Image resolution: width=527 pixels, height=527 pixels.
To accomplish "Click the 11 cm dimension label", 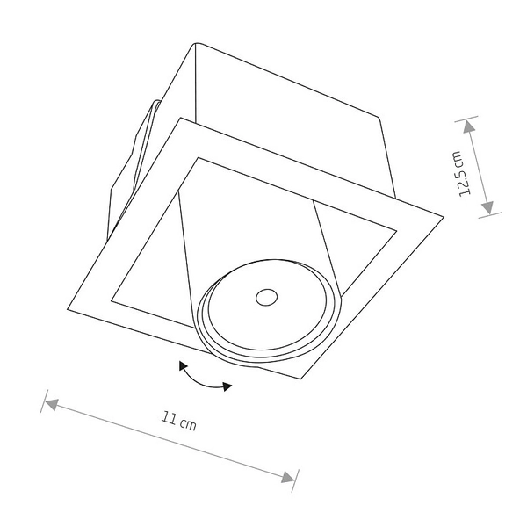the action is click(178, 421).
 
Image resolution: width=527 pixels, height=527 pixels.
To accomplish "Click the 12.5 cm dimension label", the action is click(461, 174).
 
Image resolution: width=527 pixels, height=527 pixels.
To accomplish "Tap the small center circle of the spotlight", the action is click(266, 298).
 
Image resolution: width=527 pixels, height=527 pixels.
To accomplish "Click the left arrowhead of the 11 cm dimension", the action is click(52, 404).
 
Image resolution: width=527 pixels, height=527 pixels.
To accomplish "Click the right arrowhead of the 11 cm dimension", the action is click(288, 477).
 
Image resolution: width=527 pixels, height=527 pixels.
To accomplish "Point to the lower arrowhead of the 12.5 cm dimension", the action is click(488, 207).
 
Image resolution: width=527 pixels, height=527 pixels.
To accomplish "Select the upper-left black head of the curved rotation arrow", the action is click(183, 365).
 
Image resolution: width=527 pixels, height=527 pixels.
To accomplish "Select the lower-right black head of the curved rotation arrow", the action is click(227, 386).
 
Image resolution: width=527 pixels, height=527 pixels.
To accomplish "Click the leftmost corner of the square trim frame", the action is click(68, 309).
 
